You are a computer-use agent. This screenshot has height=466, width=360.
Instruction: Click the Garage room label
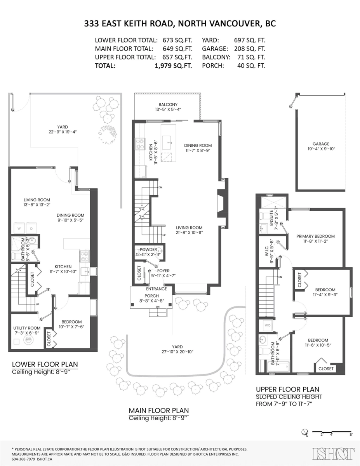click(x=320, y=143)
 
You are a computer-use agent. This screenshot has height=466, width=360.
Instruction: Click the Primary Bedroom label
click(x=315, y=236)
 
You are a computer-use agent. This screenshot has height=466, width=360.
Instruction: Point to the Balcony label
click(x=168, y=104)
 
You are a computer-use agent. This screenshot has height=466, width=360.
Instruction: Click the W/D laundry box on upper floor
click(x=268, y=325)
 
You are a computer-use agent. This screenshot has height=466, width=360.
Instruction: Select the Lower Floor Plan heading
click(x=45, y=364)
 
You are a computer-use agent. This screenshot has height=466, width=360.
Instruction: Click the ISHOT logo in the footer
click(x=334, y=453)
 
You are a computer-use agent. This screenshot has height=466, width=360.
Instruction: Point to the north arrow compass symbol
click(x=306, y=432)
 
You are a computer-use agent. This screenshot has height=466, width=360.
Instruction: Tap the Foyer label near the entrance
click(x=163, y=271)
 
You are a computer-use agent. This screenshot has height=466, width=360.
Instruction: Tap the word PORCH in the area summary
click(x=213, y=66)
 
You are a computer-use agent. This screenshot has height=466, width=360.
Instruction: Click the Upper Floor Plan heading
click(x=287, y=389)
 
